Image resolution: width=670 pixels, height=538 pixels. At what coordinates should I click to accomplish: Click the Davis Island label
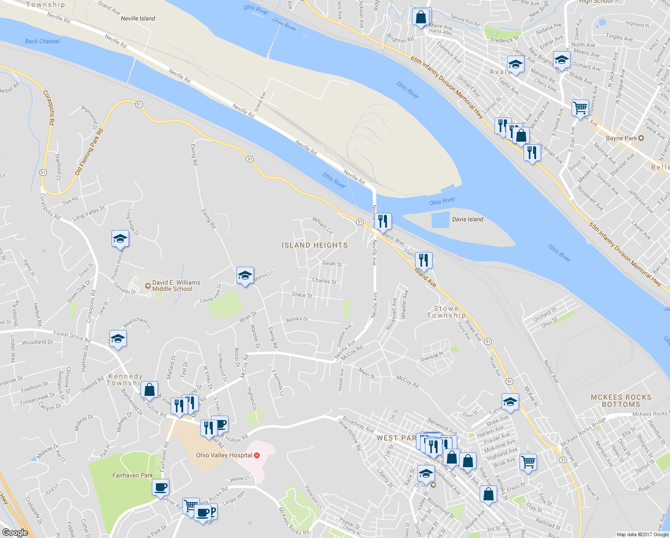click(468, 219)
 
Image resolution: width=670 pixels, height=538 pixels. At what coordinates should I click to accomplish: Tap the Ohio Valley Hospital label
click(224, 455)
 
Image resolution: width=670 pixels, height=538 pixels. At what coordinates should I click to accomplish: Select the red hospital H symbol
click(257, 455)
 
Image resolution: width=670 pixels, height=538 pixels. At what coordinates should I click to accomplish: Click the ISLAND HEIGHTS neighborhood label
click(314, 245)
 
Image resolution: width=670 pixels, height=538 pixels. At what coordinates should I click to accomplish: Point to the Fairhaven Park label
click(133, 475)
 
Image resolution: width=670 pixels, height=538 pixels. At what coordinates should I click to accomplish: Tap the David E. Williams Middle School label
click(176, 286)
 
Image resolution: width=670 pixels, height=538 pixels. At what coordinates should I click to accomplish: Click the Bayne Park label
click(621, 138)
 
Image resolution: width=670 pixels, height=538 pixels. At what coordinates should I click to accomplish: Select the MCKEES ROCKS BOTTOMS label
click(621, 401)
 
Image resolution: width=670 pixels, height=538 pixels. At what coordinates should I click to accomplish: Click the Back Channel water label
click(43, 41)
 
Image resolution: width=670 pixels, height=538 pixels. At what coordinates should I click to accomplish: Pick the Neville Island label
click(138, 18)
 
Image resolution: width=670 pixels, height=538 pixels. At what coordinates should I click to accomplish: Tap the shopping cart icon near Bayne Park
click(580, 108)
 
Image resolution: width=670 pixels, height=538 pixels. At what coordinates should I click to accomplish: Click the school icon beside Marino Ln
click(245, 275)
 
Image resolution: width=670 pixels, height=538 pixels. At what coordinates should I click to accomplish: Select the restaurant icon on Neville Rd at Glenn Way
click(382, 221)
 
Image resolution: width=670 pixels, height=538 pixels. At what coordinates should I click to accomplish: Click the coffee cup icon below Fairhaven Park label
click(160, 487)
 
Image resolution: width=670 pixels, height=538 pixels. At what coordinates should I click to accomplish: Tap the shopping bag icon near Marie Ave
click(421, 17)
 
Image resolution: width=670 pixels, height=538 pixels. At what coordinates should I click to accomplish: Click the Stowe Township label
click(446, 312)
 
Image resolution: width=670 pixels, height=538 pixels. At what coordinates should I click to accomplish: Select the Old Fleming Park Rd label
click(89, 152)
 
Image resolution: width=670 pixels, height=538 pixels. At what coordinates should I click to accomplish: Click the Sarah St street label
click(332, 264)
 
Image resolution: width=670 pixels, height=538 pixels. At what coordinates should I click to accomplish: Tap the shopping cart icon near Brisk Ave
click(528, 461)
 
